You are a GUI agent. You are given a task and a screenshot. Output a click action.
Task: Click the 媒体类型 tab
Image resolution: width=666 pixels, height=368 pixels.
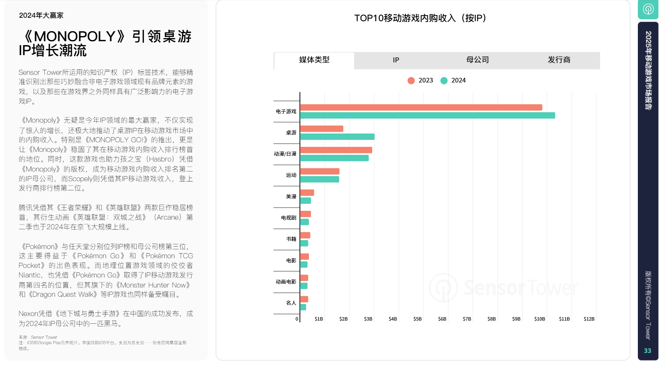coord(314,60)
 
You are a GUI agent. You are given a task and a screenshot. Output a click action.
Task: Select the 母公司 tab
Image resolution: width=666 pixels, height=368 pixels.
coord(477,60)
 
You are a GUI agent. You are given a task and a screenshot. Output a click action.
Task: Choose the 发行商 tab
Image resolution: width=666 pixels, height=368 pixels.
coord(559,60)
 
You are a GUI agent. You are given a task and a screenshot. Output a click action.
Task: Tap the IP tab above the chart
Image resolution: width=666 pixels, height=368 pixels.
coord(396,60)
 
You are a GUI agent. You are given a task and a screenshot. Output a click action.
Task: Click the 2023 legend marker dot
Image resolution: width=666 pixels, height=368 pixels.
coord(411,81)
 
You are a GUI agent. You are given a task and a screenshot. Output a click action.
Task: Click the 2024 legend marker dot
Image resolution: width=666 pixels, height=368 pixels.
coord(444,81)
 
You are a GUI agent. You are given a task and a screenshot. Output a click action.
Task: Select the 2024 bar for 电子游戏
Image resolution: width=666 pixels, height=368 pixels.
coord(427,116)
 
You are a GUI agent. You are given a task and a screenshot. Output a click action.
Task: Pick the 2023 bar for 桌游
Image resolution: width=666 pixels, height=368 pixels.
coord(322,129)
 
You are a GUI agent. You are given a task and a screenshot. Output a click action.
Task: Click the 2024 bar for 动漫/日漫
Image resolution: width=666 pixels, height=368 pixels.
coord(334,158)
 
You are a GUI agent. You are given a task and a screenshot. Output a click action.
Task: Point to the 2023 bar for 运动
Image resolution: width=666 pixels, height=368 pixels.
coord(320,171)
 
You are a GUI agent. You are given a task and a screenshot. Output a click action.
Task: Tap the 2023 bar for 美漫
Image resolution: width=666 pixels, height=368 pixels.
coord(307,193)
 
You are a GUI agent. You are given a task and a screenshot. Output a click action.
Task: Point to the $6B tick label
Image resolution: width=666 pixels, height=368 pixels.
coord(442,319)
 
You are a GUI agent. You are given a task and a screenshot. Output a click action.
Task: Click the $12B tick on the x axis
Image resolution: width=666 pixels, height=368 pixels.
coord(589,319)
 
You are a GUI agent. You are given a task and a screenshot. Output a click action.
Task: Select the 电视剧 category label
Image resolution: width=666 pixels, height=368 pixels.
coord(288,218)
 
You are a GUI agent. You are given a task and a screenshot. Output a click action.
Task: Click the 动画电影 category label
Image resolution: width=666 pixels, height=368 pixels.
coord(286,282)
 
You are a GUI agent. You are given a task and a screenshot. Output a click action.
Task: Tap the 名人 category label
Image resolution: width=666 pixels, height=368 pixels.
coord(291,303)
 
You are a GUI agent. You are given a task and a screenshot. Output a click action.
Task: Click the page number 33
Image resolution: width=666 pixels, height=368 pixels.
coord(647,351)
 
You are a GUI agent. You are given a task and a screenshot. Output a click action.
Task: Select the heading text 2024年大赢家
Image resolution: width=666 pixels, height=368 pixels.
coord(41,15)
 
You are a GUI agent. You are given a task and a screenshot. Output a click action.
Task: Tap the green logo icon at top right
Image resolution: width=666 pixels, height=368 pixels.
coord(648,9)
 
